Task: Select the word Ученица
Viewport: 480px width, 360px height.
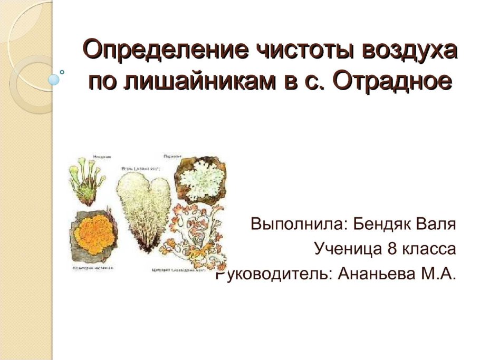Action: [x=348, y=248]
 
